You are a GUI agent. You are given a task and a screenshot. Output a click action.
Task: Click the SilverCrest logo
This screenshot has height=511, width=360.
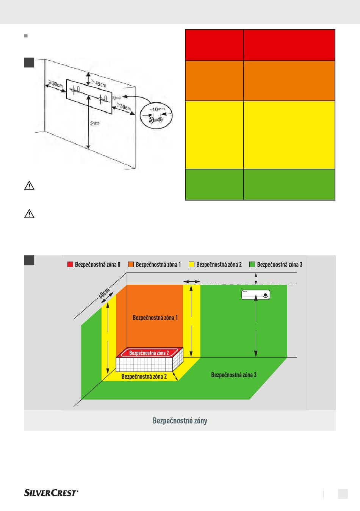click(x=51, y=493)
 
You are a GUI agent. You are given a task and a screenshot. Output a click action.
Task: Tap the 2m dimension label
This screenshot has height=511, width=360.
click(x=95, y=124)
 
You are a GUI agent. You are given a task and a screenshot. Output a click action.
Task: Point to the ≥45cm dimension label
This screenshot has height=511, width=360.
click(x=99, y=83)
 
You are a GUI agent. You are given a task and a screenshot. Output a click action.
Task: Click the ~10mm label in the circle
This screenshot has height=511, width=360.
click(x=157, y=109)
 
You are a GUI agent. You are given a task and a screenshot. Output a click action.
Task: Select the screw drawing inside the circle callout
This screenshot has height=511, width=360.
click(x=155, y=120)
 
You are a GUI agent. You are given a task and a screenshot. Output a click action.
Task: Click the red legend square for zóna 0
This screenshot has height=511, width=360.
click(x=70, y=264)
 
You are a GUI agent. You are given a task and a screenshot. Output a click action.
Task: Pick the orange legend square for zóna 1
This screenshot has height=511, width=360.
click(x=131, y=264)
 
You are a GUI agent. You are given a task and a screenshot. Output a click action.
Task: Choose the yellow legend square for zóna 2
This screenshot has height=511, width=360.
click(x=191, y=264)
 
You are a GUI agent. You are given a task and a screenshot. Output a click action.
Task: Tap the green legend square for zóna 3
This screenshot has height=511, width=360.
click(x=252, y=264)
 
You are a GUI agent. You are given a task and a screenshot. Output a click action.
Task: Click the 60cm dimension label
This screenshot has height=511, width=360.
click(x=104, y=293)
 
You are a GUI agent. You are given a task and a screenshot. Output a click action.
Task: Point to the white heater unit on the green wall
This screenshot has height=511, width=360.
click(x=256, y=295)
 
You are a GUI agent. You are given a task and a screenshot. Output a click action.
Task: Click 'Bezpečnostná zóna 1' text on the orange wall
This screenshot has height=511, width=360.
click(x=155, y=318)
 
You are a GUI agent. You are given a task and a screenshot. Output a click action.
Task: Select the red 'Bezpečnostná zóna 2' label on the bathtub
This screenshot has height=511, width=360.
click(x=149, y=353)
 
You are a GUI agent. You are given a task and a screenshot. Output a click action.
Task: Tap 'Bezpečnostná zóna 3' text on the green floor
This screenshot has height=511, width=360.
click(x=234, y=375)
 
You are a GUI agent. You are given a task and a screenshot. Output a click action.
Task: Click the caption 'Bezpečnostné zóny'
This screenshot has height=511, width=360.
click(x=180, y=420)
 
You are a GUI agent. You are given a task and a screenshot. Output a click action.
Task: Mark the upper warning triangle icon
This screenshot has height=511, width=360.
click(x=29, y=186)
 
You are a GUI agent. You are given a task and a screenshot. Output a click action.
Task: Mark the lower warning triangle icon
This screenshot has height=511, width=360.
click(x=29, y=214)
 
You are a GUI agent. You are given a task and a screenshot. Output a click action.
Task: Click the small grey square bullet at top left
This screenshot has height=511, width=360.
click(x=26, y=36)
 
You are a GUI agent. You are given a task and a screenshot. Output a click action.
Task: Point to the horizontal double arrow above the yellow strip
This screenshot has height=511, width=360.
click(x=192, y=282)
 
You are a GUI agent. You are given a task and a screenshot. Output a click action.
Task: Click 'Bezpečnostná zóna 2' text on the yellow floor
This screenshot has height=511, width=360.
click(x=144, y=376)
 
